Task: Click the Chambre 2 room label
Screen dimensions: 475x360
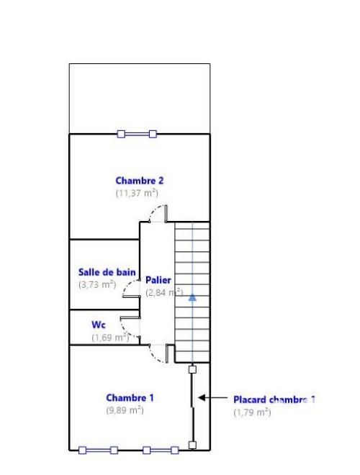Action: point(140,181)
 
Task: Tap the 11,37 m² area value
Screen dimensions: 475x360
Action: point(137,193)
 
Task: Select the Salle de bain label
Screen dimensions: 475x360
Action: point(107,272)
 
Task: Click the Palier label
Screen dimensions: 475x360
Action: point(158,279)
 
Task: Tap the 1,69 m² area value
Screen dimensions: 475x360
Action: point(109,337)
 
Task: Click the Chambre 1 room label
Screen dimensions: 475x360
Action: point(130,397)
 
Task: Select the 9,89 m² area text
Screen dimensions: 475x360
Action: point(125,410)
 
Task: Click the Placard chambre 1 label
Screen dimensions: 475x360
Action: point(274,399)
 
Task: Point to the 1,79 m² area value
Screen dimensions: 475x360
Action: point(252,412)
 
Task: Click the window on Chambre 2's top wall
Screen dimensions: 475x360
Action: point(137,133)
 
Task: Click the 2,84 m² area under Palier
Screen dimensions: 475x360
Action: point(163,292)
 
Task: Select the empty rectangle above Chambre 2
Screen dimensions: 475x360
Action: point(140,98)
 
